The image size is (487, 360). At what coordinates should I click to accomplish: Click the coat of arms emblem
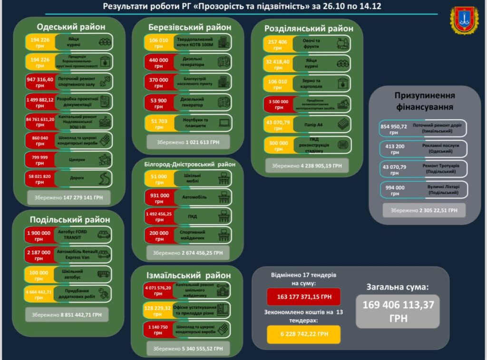[464, 20]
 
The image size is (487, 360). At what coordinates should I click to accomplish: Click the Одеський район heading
[71, 27]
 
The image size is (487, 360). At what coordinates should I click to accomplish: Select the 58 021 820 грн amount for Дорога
[39, 179]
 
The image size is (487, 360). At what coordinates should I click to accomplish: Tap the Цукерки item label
[77, 160]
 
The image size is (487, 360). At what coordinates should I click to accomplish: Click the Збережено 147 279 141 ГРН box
[68, 196]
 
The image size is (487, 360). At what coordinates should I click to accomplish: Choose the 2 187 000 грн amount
[39, 255]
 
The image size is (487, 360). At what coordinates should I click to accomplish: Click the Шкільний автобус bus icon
[102, 274]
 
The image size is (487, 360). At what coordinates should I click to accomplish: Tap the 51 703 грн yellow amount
[158, 123]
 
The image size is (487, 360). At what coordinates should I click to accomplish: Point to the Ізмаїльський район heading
[189, 275]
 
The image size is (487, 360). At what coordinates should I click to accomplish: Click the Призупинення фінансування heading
[425, 101]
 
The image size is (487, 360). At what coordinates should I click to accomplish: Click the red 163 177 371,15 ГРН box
[303, 297]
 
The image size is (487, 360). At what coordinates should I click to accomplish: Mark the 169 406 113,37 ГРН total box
[398, 311]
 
